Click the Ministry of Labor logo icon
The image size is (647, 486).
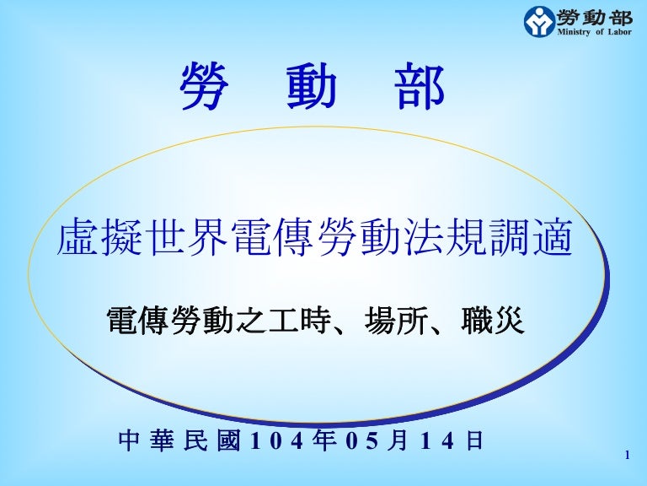pos(539,21)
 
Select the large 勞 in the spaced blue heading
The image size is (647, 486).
pos(205,89)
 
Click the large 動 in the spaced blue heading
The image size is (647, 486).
pos(311,89)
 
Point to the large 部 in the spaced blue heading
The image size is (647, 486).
pos(419,89)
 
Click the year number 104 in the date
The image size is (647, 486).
pos(275,441)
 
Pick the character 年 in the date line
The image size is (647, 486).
pos(318,441)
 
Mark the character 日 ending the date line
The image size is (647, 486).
pos(474,441)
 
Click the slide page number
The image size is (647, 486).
pos(628,456)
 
